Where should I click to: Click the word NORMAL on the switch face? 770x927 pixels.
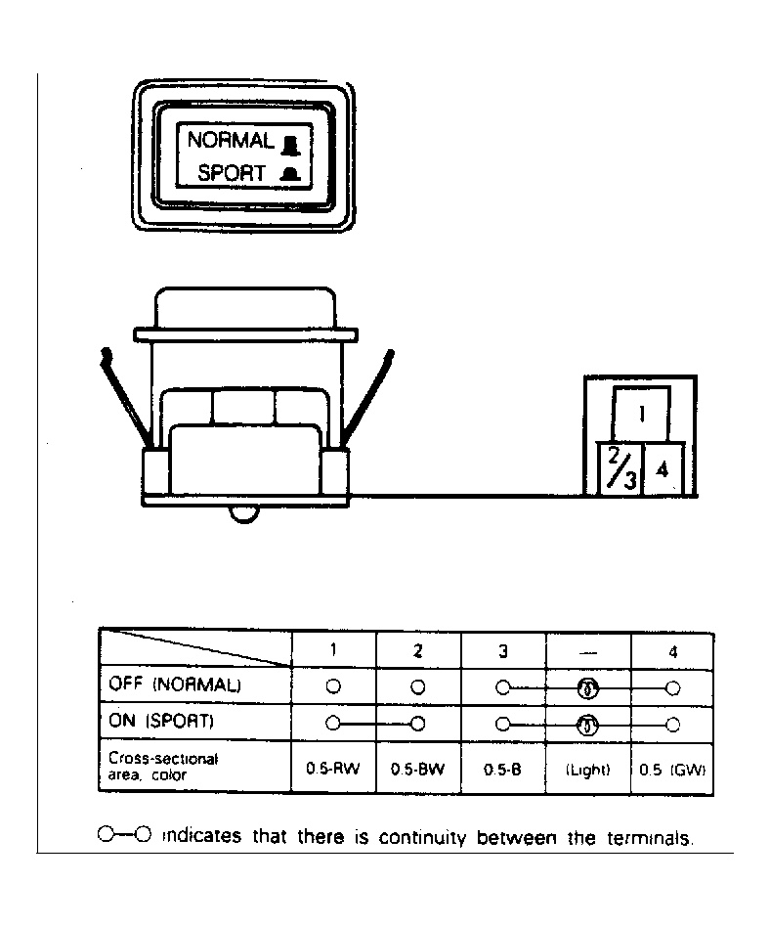[x=231, y=140]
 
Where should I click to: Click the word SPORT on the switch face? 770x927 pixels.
[x=232, y=173]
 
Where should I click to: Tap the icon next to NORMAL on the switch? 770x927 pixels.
[x=290, y=145]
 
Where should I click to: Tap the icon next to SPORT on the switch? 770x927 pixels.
[x=290, y=174]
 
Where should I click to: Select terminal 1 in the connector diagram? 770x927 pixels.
[x=641, y=414]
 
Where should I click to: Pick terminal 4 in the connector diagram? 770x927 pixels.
[x=663, y=469]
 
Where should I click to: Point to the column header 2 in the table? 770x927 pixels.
[x=418, y=651]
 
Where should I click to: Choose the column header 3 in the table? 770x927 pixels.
[x=503, y=651]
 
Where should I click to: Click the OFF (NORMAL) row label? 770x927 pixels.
[x=175, y=684]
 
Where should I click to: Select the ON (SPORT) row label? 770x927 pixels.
[x=161, y=721]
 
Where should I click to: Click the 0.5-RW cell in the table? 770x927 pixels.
[x=332, y=769]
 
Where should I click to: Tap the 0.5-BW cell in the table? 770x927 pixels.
[x=418, y=770]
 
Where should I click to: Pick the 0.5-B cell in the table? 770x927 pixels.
[x=502, y=770]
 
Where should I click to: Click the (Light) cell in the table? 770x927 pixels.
[x=587, y=770]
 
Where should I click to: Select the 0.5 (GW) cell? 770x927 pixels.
[x=672, y=770]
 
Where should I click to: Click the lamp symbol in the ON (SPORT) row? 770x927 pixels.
[x=587, y=725]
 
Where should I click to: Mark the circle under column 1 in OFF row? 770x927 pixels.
[x=333, y=686]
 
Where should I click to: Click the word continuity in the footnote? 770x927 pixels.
[x=422, y=837]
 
